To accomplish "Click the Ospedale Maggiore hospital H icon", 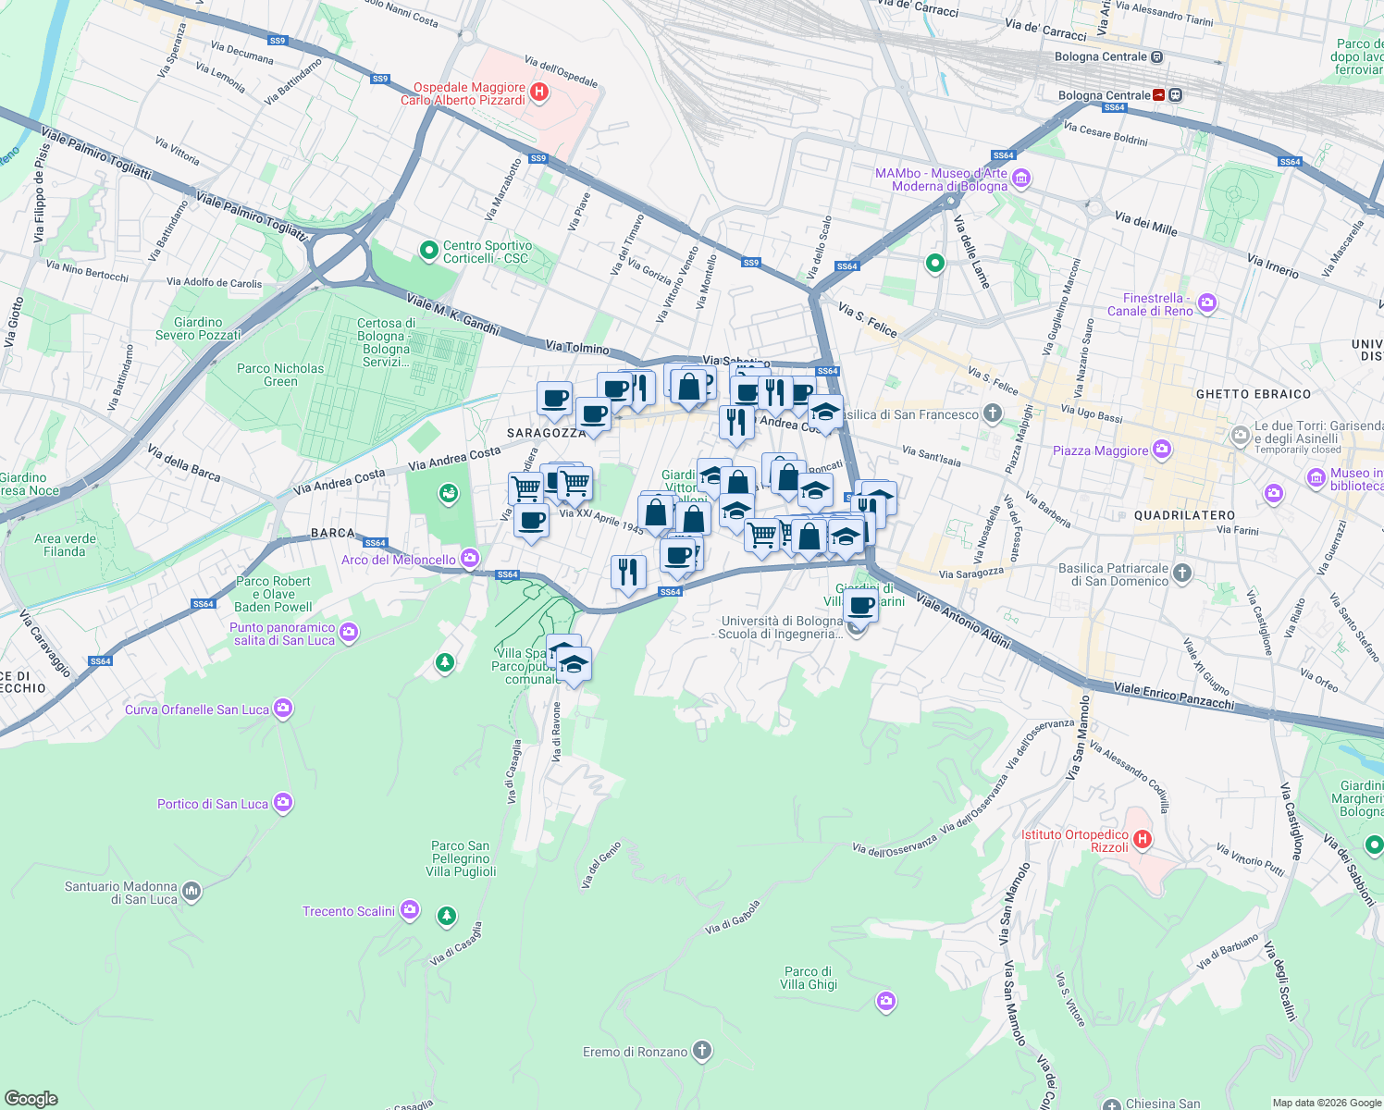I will pyautogui.click(x=540, y=92).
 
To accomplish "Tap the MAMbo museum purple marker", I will pyautogui.click(x=1021, y=179).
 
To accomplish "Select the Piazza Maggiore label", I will pyautogui.click(x=1100, y=451).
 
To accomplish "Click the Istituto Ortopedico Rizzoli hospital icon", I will pyautogui.click(x=1143, y=840).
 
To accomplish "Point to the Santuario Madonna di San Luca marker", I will pyautogui.click(x=192, y=892).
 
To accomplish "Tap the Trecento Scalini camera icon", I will pyautogui.click(x=410, y=911).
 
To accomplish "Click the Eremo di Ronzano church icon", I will pyautogui.click(x=702, y=1051).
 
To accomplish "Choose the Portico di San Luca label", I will pyautogui.click(x=213, y=804).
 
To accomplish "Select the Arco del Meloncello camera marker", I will pyautogui.click(x=470, y=558).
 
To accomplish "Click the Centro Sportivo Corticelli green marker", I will pyautogui.click(x=428, y=250).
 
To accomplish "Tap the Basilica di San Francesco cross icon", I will pyautogui.click(x=993, y=413).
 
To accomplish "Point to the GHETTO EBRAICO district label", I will pyautogui.click(x=1254, y=394).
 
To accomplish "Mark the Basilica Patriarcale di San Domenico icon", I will pyautogui.click(x=1182, y=574).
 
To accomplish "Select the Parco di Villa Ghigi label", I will pyautogui.click(x=809, y=978).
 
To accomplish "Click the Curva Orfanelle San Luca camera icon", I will pyautogui.click(x=283, y=709).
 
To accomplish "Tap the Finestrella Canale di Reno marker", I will pyautogui.click(x=1206, y=303).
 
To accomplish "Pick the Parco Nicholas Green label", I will pyautogui.click(x=280, y=375).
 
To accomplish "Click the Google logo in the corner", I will pyautogui.click(x=31, y=1098).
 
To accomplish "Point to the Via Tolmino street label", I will pyautogui.click(x=577, y=347).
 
